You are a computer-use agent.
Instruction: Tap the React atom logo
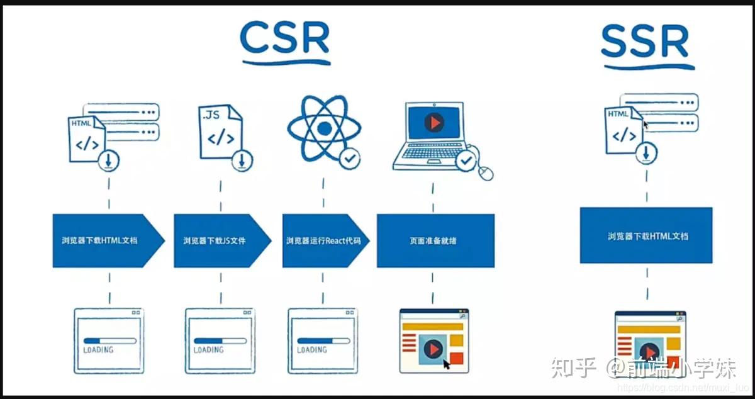click(324, 128)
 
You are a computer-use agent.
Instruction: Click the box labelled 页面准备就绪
click(435, 240)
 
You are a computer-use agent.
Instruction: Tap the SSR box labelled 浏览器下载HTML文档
click(646, 235)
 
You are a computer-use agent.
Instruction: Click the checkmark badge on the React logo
click(349, 159)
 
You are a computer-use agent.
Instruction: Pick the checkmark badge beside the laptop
click(466, 161)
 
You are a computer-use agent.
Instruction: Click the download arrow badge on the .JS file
click(241, 161)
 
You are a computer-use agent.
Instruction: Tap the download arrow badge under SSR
click(646, 152)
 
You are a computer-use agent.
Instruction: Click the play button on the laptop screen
click(433, 122)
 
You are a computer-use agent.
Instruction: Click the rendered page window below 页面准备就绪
click(435, 340)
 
